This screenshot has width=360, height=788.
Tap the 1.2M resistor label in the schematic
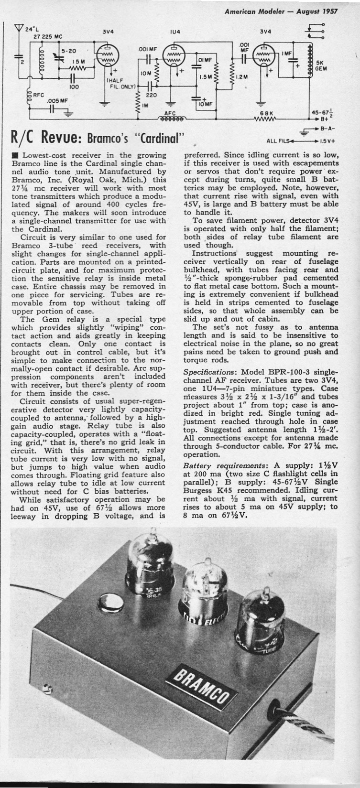coord(242,76)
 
